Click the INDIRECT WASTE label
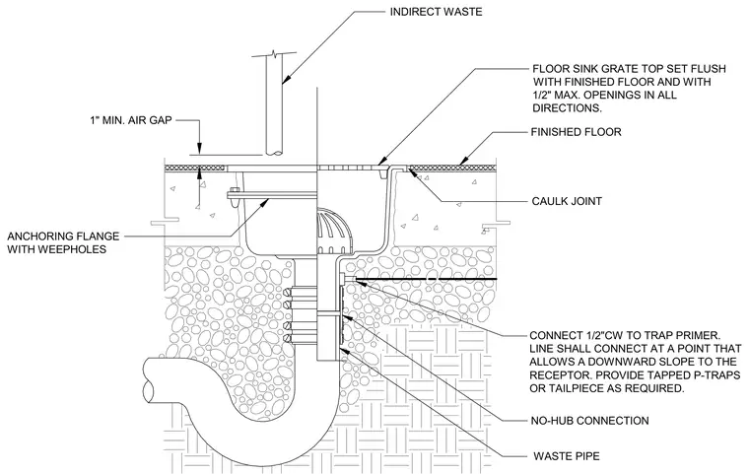(436, 12)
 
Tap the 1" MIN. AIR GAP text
(130, 119)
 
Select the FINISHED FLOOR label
(577, 132)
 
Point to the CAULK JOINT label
(567, 201)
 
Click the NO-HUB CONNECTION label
(590, 421)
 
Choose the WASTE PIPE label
(566, 456)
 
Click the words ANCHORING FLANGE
(63, 237)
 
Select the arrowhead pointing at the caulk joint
(410, 171)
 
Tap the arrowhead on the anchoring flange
(265, 202)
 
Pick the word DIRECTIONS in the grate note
(567, 108)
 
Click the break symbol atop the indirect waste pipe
(273, 52)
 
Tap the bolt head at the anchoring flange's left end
(232, 196)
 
